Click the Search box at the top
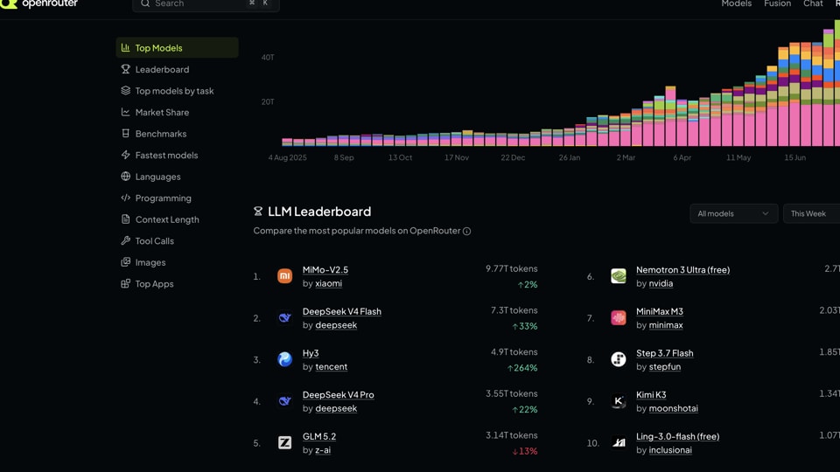[206, 4]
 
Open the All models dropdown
[733, 213]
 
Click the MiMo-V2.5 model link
[325, 270]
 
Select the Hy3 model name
[311, 353]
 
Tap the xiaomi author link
[328, 283]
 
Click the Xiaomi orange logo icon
[285, 276]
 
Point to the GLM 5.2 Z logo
[285, 442]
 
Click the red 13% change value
[525, 451]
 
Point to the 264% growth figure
[522, 368]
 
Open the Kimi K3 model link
[651, 395]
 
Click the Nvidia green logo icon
[619, 276]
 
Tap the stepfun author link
[665, 367]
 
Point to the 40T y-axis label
[268, 58]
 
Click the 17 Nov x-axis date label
[457, 157]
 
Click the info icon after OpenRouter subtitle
[466, 231]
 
